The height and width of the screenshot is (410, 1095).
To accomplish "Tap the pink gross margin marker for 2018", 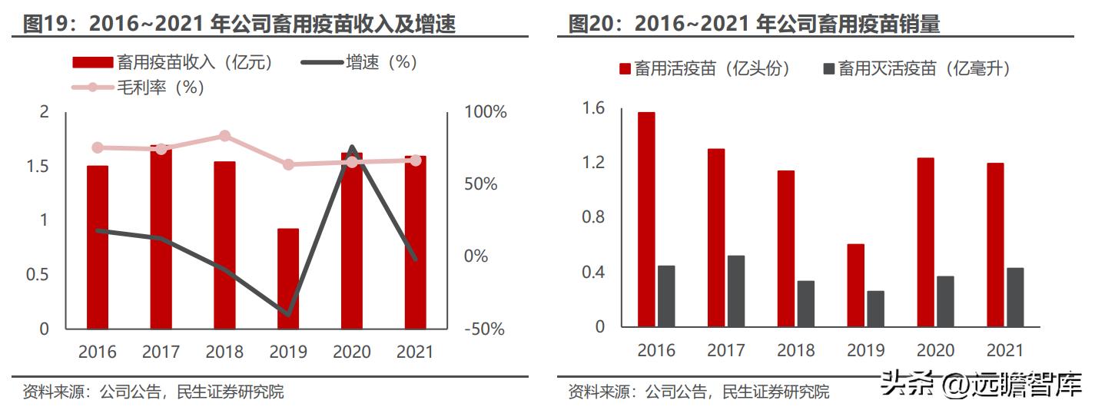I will [224, 136].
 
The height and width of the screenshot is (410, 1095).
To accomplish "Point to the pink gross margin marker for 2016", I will [98, 147].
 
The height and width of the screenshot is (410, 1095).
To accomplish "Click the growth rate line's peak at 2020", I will [352, 147].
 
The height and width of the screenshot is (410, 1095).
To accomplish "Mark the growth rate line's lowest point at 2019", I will [288, 314].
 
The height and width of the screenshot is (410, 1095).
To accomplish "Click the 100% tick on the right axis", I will [486, 112].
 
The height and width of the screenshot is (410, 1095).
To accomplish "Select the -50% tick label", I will [485, 329].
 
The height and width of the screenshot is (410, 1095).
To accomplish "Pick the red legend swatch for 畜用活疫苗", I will [625, 69].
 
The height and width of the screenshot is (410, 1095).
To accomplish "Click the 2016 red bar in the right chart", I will [646, 220].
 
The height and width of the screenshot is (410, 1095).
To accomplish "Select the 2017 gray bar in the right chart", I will [736, 291].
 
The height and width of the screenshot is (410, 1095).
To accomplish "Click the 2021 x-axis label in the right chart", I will [1004, 350].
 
